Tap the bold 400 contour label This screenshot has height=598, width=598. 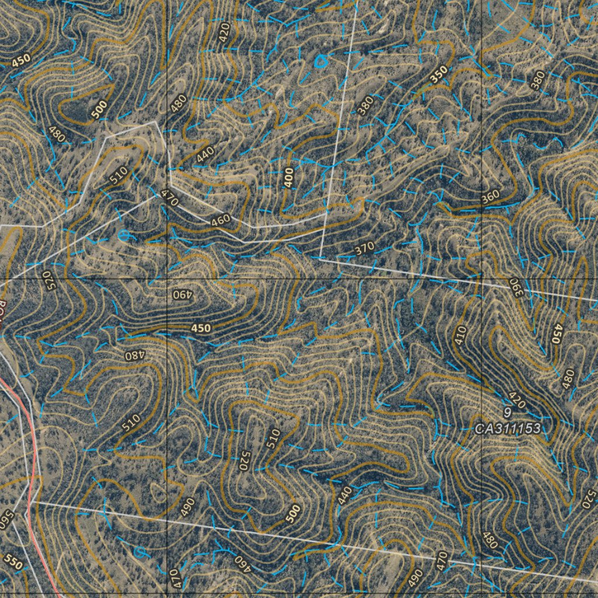pos(288,176)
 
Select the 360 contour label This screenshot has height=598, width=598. pos(491,198)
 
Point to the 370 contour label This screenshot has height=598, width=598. pos(364,249)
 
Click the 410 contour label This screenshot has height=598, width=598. pos(461,335)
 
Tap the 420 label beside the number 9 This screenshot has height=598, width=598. pos(517,400)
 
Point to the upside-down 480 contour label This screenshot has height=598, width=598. pos(134,354)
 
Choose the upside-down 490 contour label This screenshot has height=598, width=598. pos(183,294)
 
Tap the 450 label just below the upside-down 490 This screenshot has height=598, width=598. pos(200,329)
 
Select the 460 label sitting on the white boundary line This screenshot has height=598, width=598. pos(220,221)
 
